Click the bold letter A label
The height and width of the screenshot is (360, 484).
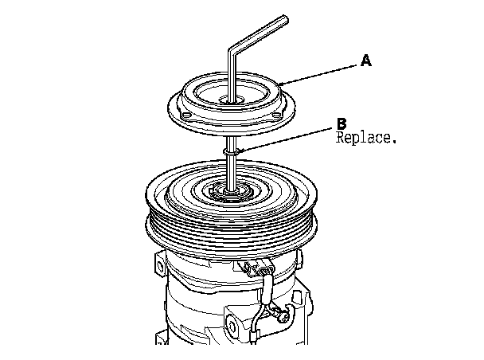tap(366, 61)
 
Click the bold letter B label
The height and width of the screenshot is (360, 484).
tap(342, 123)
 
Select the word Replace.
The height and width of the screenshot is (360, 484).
tap(365, 138)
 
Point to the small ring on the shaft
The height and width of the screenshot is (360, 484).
tap(232, 151)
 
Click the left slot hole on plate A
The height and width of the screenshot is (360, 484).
tap(186, 115)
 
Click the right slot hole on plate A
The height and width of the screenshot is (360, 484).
tap(276, 115)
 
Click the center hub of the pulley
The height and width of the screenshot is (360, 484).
tap(232, 193)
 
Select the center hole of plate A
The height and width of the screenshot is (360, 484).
tap(232, 100)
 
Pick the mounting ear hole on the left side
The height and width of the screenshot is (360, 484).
tap(160, 265)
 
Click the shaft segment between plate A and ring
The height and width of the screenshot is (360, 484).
tap(232, 143)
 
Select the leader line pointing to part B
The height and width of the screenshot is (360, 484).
tap(287, 139)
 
